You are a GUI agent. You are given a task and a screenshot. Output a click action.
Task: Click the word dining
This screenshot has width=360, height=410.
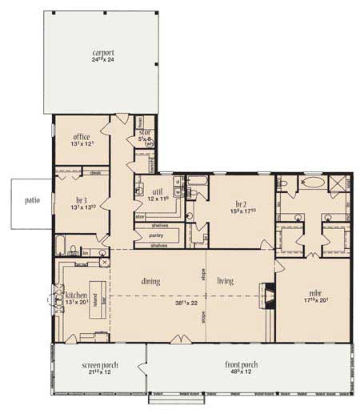(x=152, y=281)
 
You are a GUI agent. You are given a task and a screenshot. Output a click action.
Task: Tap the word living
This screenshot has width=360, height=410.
(x=225, y=281)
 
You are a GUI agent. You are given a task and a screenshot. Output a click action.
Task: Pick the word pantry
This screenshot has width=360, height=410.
(x=158, y=235)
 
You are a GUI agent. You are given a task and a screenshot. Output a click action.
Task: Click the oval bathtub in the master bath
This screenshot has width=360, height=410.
(x=313, y=183)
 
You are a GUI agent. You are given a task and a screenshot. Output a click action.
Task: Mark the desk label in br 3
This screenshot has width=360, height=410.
(x=95, y=172)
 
